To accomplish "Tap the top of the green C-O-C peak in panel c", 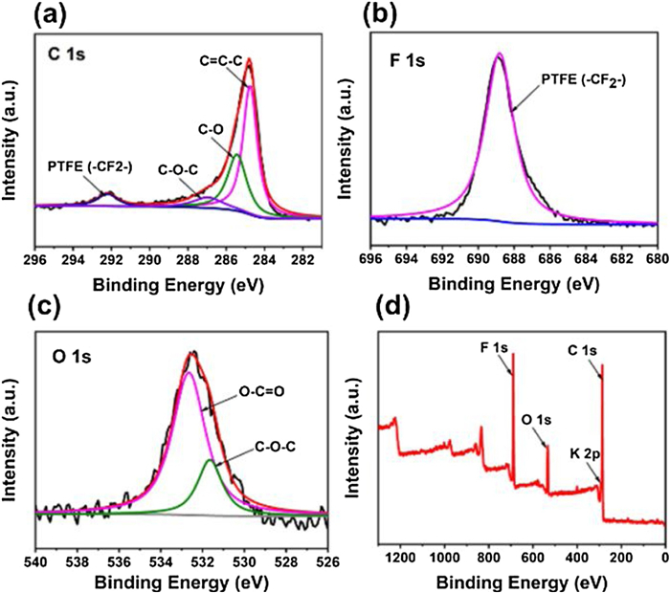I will (x=211, y=460).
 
